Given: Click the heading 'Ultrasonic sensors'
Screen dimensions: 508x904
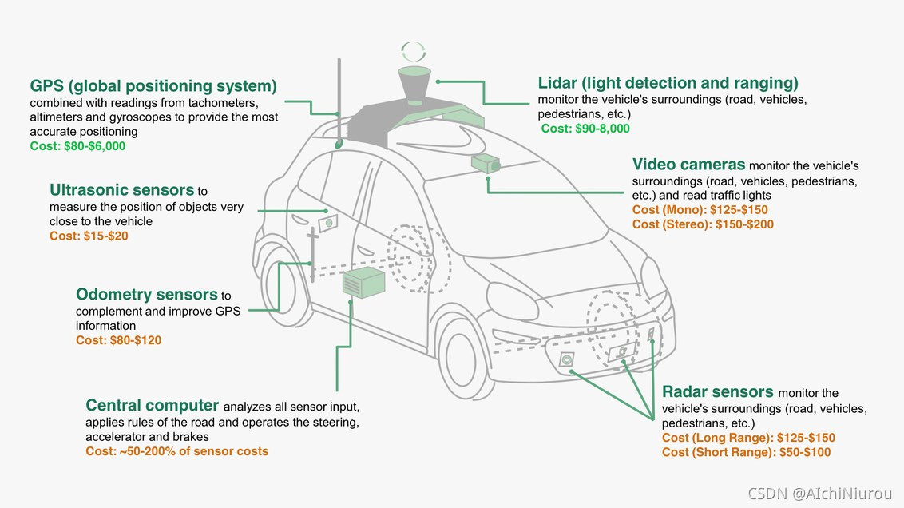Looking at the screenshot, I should point(122,190).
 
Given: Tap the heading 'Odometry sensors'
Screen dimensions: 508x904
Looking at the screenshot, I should point(147,295).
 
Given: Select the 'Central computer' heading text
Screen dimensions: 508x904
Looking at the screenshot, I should point(152,405).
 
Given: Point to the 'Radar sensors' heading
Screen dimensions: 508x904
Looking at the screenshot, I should point(717,391).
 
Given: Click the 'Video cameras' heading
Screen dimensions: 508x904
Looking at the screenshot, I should point(688,165).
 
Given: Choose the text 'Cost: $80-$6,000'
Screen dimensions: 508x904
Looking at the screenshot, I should point(77,146).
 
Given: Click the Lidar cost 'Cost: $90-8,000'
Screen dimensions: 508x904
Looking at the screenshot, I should point(585,129).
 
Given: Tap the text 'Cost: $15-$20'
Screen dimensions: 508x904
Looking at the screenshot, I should point(89,236).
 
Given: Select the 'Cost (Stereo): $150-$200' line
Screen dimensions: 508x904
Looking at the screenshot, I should point(703,224).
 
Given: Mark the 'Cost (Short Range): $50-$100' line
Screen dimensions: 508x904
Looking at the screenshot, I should point(746,452).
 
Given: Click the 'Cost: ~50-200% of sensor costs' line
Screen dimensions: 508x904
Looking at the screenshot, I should point(176,451).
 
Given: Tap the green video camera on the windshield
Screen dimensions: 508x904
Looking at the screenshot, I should point(484,164).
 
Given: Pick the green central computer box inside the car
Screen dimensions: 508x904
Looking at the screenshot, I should point(363,283).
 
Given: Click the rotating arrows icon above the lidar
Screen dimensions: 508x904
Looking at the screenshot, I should point(414,51).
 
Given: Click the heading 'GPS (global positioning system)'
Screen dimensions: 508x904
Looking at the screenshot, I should point(153,85).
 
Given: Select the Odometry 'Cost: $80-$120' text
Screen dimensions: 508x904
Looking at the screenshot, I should point(118,340).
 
